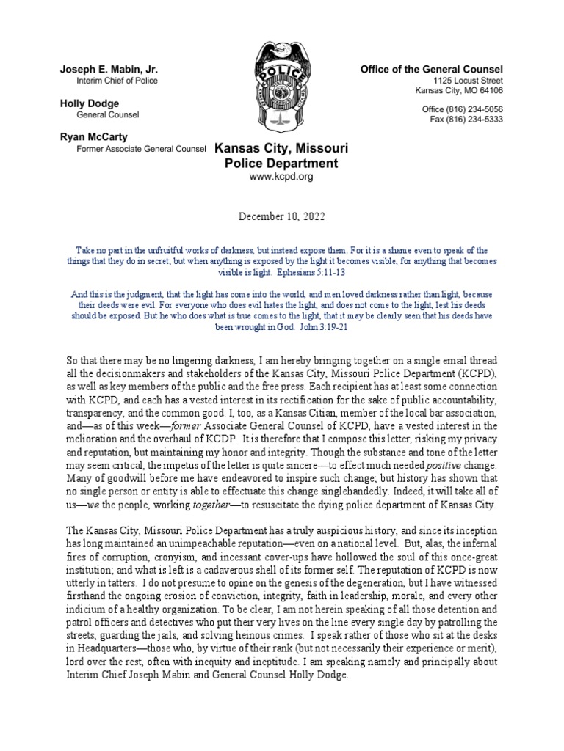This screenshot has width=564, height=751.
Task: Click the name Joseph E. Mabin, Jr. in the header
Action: click(109, 69)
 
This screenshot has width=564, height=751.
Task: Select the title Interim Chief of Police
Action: click(117, 81)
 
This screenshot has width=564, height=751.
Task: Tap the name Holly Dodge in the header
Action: click(89, 103)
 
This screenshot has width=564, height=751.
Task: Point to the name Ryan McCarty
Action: click(94, 137)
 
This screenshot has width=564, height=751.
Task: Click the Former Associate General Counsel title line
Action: click(142, 149)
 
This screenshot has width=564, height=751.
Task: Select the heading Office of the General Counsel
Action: click(431, 69)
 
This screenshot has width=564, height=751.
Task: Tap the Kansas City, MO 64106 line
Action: click(458, 91)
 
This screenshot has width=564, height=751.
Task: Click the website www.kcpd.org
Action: click(281, 177)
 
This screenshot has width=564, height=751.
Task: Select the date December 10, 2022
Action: click(281, 217)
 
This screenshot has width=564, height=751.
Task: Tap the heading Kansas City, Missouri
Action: click(281, 148)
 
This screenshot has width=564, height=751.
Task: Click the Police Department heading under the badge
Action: click(281, 164)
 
